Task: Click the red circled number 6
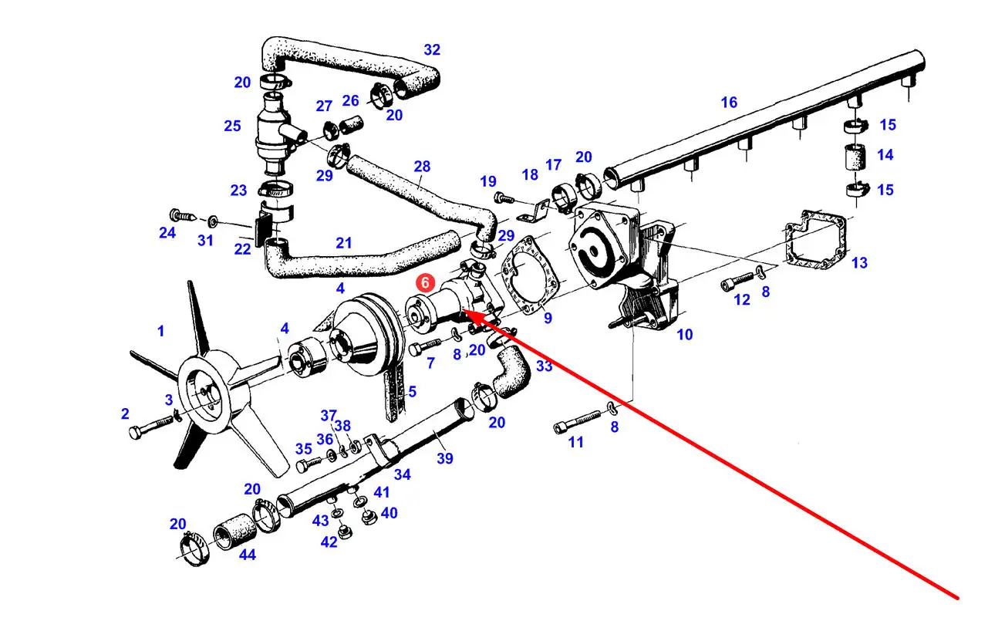click(x=423, y=283)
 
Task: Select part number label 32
click(x=432, y=50)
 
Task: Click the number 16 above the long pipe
click(x=729, y=102)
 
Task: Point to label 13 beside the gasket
click(x=859, y=263)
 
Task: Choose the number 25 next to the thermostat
click(x=232, y=126)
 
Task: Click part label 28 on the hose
click(x=422, y=166)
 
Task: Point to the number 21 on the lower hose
click(x=344, y=243)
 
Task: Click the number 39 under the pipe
click(x=445, y=458)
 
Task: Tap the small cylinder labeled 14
click(x=852, y=157)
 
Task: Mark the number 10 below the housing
click(x=684, y=334)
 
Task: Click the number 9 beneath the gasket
click(x=547, y=317)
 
